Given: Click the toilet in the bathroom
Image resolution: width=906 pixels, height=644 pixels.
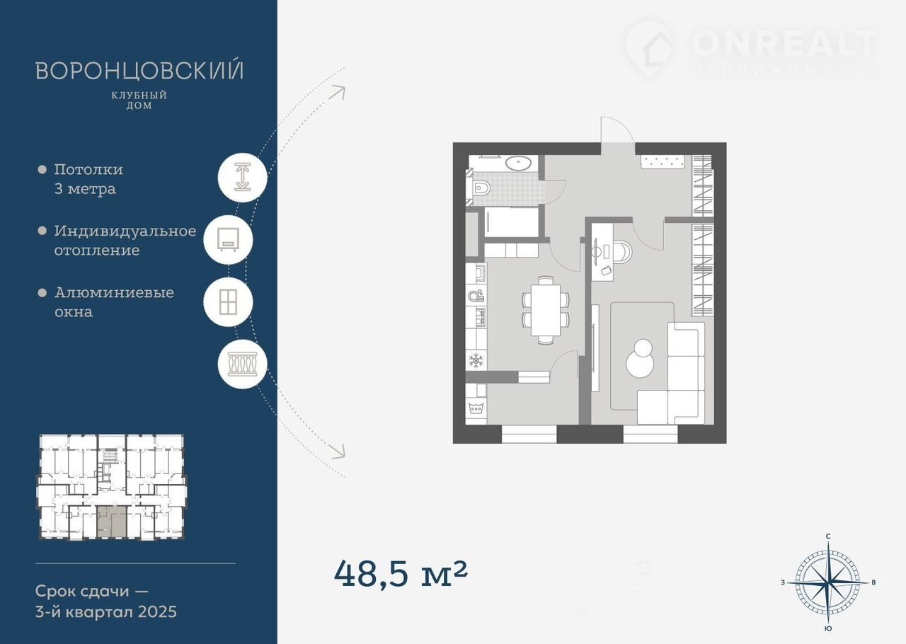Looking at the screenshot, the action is pos(481,188).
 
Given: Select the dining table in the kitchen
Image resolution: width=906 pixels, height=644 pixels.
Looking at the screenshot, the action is pos(546,310).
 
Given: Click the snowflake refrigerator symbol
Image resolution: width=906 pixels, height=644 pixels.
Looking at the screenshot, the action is pos(476,360).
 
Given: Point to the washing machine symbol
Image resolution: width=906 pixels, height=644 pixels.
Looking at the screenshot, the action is pos(476,408).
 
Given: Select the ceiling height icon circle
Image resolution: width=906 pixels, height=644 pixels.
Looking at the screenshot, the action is pos(243,177).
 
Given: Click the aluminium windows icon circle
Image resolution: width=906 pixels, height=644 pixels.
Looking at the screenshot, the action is pos(228,301).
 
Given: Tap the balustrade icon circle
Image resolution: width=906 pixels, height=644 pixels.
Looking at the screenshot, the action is pos(243,364).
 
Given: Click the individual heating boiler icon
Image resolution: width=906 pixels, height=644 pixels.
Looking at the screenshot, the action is pos(228,239).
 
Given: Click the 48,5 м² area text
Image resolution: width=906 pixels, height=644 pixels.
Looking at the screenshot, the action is pos(401,574).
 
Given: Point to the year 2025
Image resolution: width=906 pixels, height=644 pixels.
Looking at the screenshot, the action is pos(157,612).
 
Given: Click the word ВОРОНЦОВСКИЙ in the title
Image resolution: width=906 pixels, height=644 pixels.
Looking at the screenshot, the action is pos(139,71).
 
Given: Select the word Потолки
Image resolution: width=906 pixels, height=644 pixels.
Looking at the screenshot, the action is pos(88,170).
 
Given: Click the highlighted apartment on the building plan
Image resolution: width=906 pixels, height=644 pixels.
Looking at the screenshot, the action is pos(111,521).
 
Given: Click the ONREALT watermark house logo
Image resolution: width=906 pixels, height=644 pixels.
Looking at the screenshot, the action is pos(650,50).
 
